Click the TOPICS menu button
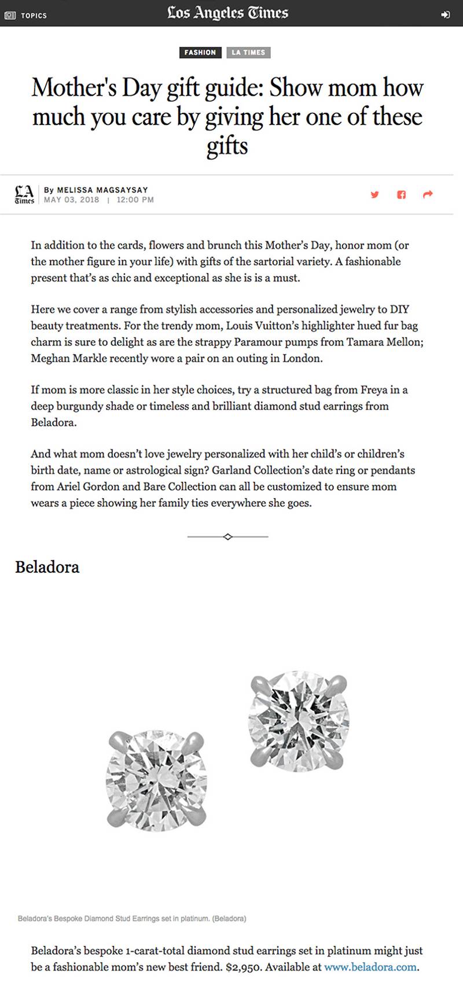[x=26, y=16]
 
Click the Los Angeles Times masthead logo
[x=227, y=13]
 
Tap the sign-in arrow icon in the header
[x=445, y=15]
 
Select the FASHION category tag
[x=200, y=53]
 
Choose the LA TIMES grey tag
[x=248, y=53]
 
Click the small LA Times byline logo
[x=24, y=194]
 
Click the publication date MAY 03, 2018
[x=72, y=200]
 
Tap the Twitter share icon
[x=374, y=194]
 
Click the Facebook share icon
[x=401, y=194]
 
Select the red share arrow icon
[x=428, y=194]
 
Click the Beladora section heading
[x=47, y=567]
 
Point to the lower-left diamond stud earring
[x=156, y=780]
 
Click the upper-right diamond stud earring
[x=299, y=720]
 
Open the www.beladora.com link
[x=370, y=967]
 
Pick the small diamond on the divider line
[x=227, y=537]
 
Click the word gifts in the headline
[x=227, y=146]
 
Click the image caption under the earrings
[x=132, y=918]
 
